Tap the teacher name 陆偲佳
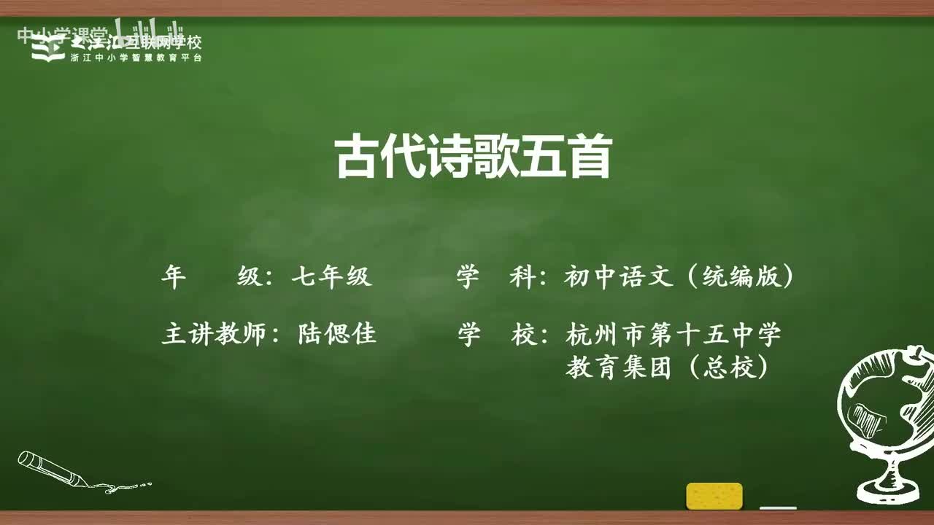[x=337, y=334]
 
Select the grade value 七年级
[x=331, y=276]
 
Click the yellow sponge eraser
[x=714, y=496]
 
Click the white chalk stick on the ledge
[x=778, y=507]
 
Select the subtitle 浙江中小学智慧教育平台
[x=136, y=58]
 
